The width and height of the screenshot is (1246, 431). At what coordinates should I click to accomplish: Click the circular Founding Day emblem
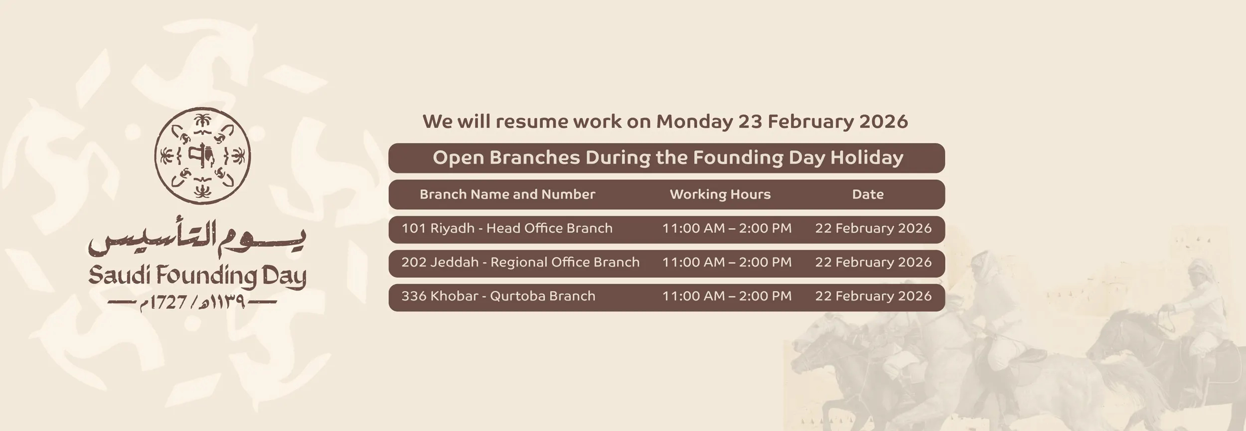tap(202, 156)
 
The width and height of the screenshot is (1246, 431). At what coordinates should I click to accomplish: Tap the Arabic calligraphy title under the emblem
tap(197, 240)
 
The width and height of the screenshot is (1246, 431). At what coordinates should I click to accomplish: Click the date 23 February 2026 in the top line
tap(823, 122)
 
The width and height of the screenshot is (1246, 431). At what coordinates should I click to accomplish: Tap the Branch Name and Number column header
tap(507, 194)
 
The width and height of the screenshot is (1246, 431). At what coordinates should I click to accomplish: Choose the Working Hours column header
tap(720, 194)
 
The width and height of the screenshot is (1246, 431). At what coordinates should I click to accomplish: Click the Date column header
tap(868, 194)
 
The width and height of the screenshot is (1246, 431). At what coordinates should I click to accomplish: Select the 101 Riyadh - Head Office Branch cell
tap(507, 228)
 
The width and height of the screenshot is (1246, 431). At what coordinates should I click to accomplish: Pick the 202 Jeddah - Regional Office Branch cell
tap(520, 262)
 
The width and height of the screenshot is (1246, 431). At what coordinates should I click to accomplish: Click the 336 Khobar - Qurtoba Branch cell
tap(498, 296)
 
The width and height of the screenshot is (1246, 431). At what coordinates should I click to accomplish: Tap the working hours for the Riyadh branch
tap(727, 228)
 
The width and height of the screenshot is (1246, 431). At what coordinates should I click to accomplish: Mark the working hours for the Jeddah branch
tap(727, 262)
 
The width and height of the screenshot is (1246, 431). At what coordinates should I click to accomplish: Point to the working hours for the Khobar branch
tap(727, 296)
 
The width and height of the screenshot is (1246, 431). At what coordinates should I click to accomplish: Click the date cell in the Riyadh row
tap(873, 228)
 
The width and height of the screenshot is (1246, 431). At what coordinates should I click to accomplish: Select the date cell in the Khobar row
tap(873, 296)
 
